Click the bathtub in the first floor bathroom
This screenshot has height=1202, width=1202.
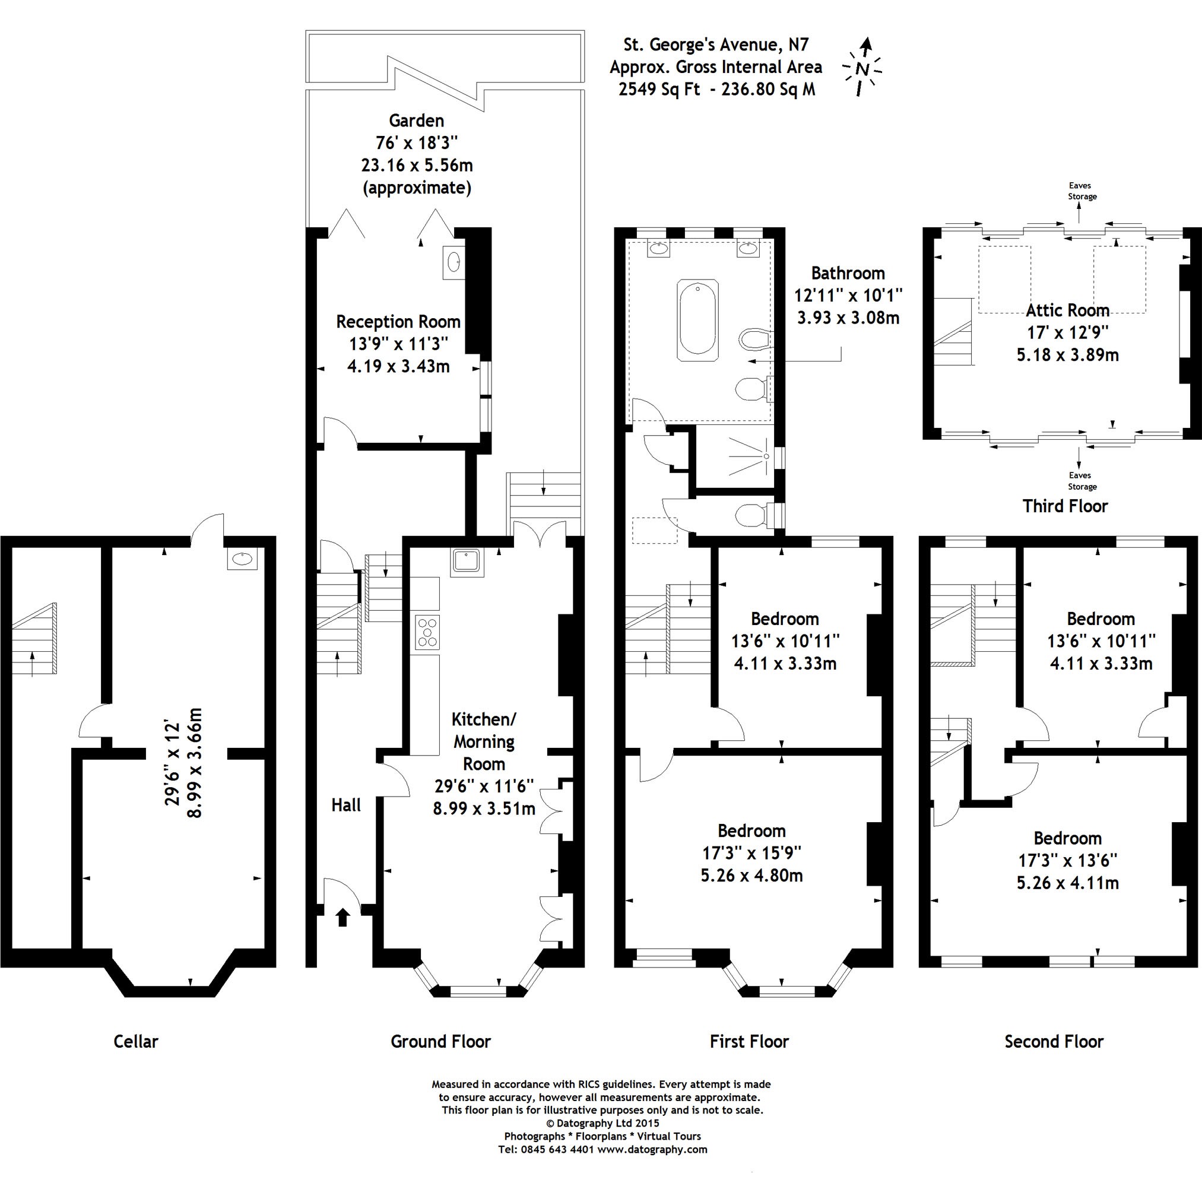pos(699,321)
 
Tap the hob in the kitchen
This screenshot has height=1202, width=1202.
pos(427,632)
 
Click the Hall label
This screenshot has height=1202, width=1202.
pos(346,805)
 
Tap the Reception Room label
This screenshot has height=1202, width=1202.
pos(398,322)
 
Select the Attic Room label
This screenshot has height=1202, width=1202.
pos(1068,310)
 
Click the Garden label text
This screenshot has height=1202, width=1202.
pos(416,120)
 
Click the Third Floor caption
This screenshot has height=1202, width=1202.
pos(1065,506)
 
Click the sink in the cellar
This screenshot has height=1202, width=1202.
pos(243,559)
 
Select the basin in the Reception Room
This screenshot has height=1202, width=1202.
pos(453,262)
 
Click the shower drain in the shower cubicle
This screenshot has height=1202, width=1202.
pos(766,456)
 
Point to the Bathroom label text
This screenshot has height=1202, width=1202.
pos(848,273)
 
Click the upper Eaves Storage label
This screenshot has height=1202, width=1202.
pos(1083,191)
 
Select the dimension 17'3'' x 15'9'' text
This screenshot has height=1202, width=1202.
pos(751,853)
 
